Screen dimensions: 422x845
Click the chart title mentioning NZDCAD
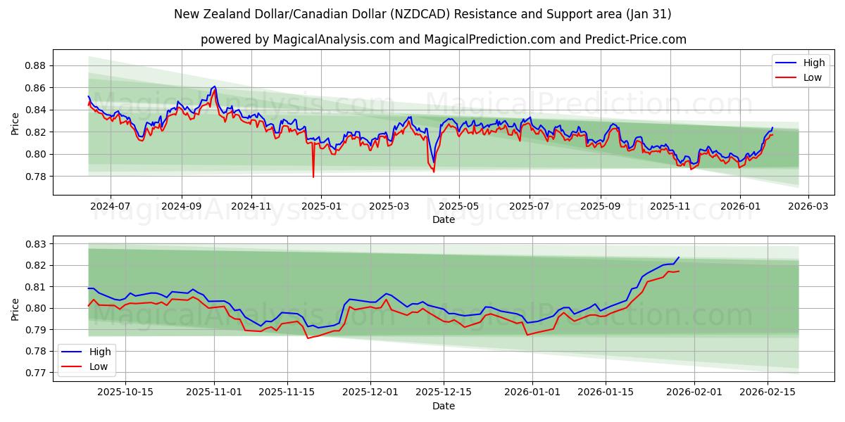pos(423,14)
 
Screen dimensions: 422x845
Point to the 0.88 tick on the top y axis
pos(35,65)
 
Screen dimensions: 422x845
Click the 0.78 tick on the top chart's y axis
pos(35,176)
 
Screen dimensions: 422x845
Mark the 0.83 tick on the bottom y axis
pos(35,244)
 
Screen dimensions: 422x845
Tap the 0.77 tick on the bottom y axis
pos(35,372)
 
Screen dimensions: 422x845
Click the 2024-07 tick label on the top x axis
pos(111,207)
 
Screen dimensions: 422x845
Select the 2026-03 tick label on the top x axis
pos(808,207)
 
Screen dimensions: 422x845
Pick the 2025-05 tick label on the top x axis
pos(459,207)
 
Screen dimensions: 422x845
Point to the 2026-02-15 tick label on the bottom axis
pos(768,392)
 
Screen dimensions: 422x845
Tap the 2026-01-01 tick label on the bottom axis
pos(532,392)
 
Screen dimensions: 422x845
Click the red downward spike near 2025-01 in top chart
pos(313,176)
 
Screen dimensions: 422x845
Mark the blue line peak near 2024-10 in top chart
pos(214,87)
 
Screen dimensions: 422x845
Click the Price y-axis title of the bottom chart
pos(15,309)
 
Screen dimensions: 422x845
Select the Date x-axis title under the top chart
pos(444,219)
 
